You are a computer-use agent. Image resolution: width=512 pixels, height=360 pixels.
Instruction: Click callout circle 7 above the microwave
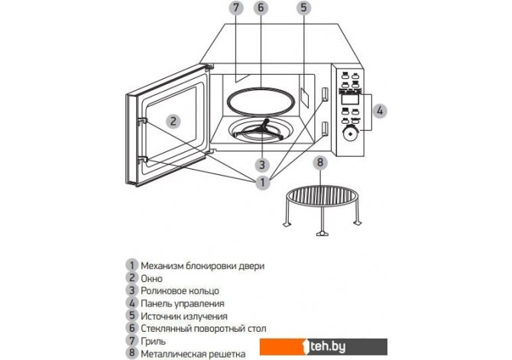[x=235, y=8]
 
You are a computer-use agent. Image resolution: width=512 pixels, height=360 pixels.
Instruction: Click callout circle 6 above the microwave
[x=261, y=8]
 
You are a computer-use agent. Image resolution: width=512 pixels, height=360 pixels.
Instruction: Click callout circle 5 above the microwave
[x=303, y=8]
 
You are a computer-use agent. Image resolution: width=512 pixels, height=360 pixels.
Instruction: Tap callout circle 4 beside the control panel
[x=380, y=110]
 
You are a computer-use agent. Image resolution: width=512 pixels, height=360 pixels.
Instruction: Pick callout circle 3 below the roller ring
[x=262, y=164]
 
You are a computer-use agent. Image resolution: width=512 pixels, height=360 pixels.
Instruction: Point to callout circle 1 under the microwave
[x=262, y=182]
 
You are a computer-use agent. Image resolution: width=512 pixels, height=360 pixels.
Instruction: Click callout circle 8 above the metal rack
[x=321, y=162]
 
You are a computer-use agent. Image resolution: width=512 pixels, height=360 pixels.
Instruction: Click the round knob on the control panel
[x=352, y=135]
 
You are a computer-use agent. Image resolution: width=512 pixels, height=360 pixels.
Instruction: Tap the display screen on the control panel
[x=352, y=97]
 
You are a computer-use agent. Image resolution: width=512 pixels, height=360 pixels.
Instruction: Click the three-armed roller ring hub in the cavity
[x=261, y=132]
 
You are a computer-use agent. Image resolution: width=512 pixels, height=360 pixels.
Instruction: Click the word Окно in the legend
[x=151, y=278]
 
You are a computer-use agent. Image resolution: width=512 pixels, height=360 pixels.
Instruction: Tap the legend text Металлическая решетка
[x=193, y=353]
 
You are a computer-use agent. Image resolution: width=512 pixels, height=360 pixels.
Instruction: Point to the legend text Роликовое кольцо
[x=180, y=290]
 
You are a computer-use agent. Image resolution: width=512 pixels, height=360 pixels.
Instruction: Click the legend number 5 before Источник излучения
[x=131, y=316]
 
